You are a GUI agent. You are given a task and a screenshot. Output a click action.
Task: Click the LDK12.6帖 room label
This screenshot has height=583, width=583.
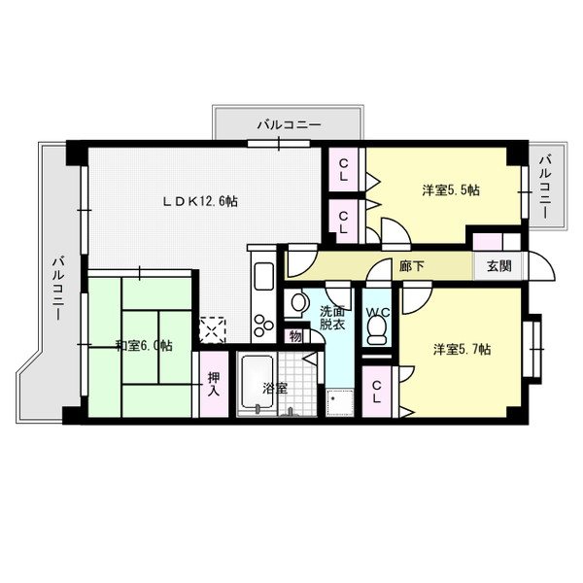[x=200, y=201]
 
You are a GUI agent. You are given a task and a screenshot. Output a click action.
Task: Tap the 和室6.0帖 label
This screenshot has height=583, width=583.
[x=144, y=346]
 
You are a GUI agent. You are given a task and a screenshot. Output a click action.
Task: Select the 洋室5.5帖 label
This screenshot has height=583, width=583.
[x=451, y=190]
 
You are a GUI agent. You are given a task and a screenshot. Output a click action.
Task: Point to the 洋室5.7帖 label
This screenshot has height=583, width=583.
[x=463, y=350]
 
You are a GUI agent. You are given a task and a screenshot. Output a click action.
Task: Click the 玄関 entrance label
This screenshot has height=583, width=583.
[x=499, y=266]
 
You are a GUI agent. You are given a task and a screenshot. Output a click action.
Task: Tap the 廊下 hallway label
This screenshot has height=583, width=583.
[x=412, y=266]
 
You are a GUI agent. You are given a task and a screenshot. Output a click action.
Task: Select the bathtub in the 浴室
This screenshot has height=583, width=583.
[x=257, y=383]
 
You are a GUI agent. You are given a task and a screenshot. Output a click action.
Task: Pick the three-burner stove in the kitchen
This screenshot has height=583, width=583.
[x=263, y=325]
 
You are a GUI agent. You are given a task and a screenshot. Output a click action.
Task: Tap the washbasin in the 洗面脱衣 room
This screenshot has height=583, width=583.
[x=298, y=302]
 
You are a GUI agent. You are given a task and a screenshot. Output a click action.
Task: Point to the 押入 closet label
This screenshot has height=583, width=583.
[x=214, y=384]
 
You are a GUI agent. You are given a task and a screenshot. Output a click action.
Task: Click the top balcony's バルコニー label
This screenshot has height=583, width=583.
[x=289, y=125]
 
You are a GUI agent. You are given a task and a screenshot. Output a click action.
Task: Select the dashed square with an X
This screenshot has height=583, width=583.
[x=212, y=330]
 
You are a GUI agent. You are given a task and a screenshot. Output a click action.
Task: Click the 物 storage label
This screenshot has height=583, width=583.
[x=295, y=336]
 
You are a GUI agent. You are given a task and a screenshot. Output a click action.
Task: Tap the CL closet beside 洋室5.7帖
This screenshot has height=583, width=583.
[x=377, y=392]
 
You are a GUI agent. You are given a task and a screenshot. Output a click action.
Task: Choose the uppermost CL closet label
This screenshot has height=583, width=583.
[x=344, y=170]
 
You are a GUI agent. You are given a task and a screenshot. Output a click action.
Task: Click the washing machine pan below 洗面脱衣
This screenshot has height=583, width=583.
[x=339, y=402]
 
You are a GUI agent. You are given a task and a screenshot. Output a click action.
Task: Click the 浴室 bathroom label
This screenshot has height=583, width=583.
[x=276, y=389]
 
